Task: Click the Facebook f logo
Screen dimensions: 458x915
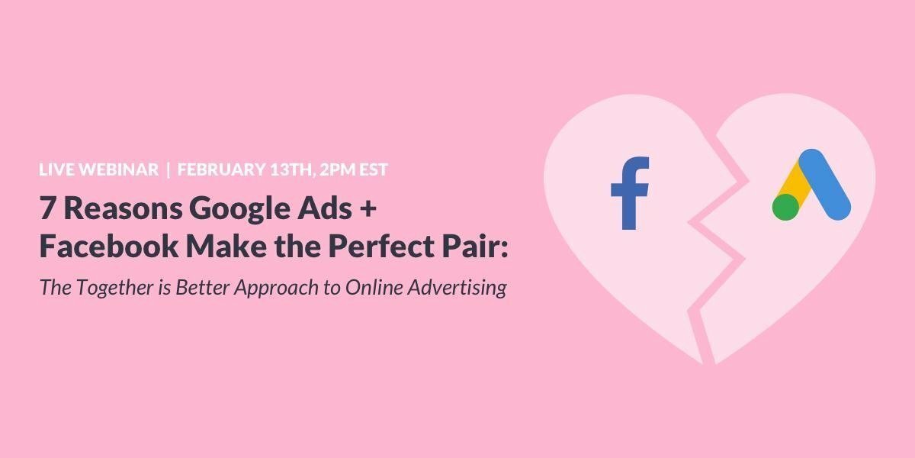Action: [630, 193]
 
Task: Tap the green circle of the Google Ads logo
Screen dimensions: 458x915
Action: [785, 207]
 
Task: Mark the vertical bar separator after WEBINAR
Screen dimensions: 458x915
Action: [167, 169]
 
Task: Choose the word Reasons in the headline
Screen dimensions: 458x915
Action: [111, 208]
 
